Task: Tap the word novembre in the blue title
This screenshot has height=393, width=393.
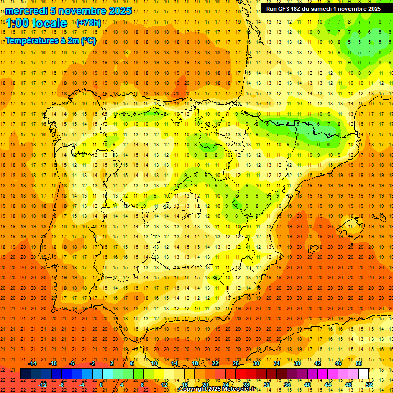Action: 79,11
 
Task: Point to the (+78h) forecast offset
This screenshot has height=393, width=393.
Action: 89,23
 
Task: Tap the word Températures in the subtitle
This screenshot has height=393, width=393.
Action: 31,39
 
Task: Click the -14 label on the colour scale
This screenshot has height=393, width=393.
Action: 32,363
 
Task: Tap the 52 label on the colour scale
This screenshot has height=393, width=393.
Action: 369,385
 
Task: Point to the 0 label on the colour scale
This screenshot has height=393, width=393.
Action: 101,385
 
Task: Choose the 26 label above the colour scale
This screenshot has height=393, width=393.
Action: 236,363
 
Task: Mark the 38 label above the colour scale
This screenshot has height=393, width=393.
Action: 297,363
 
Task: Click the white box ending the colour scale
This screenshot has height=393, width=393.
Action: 363,374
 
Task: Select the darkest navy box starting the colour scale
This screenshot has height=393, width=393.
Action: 26,374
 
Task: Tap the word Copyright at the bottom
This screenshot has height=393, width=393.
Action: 195,389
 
